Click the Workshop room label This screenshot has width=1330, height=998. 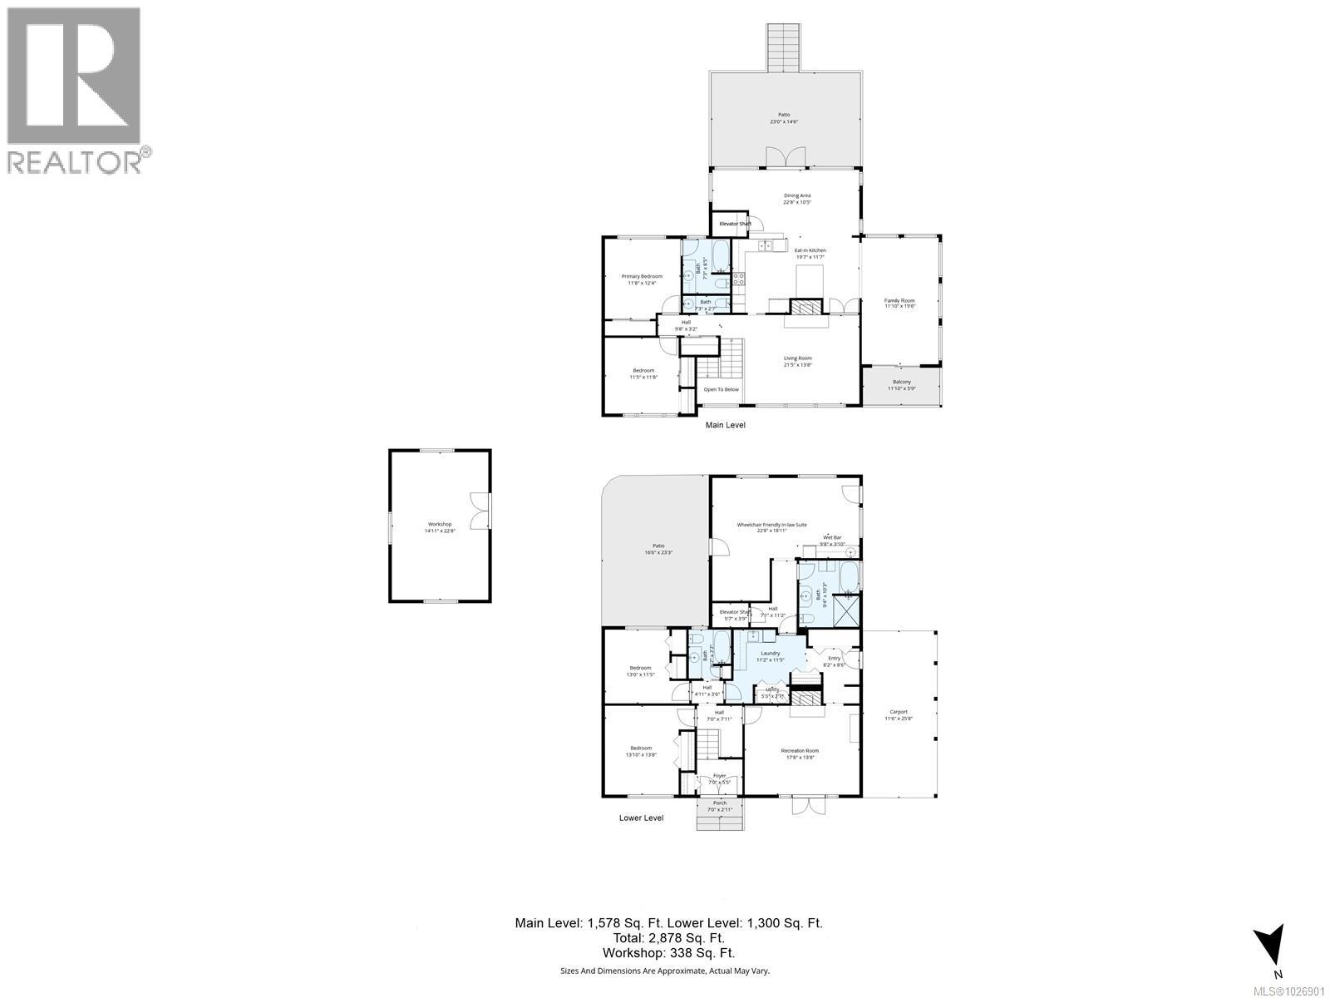pyautogui.click(x=440, y=524)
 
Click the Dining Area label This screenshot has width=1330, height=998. pyautogui.click(x=796, y=195)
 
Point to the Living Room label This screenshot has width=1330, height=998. pyautogui.click(x=797, y=358)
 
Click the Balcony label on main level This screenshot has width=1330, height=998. pyautogui.click(x=901, y=382)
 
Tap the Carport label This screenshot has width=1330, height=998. pyautogui.click(x=899, y=712)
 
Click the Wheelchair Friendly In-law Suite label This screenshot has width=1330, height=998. pyautogui.click(x=771, y=525)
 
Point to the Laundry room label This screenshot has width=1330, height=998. pyautogui.click(x=770, y=654)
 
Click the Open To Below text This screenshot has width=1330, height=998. pyautogui.click(x=721, y=389)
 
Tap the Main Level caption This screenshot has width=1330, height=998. pyautogui.click(x=725, y=425)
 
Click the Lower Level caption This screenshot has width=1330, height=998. pyautogui.click(x=641, y=818)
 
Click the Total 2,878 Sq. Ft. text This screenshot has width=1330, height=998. pyautogui.click(x=669, y=938)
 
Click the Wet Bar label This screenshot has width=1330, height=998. pyautogui.click(x=832, y=538)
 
